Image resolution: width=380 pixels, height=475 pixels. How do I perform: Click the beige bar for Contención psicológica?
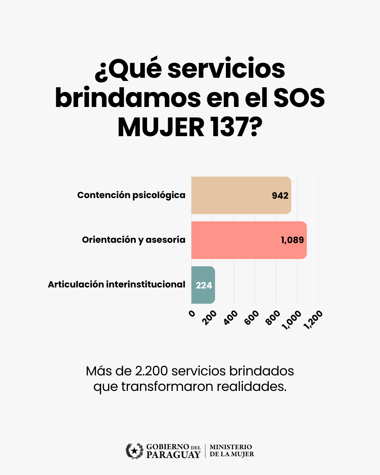click(241, 195)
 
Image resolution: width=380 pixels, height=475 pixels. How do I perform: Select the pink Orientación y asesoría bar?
click(249, 240)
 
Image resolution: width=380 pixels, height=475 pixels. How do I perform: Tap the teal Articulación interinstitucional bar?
click(203, 285)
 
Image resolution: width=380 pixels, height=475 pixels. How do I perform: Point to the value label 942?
click(280, 196)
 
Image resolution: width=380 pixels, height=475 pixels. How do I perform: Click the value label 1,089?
click(292, 240)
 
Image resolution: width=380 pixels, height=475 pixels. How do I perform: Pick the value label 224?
click(204, 285)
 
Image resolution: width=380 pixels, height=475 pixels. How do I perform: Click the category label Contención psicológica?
click(131, 195)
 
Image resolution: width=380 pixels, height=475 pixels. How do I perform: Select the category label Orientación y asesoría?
click(134, 240)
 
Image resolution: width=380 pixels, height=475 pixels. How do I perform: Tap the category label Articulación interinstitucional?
click(116, 284)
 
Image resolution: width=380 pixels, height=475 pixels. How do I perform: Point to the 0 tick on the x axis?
click(192, 313)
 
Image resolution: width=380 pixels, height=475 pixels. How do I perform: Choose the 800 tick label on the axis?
click(273, 317)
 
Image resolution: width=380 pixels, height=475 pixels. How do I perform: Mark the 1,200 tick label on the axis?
click(313, 319)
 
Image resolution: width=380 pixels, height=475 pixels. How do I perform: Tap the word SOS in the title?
click(299, 98)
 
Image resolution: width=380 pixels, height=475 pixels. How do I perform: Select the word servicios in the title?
click(226, 69)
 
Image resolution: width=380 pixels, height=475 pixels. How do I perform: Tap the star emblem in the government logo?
click(134, 451)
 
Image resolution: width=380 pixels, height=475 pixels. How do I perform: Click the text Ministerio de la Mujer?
click(232, 451)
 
